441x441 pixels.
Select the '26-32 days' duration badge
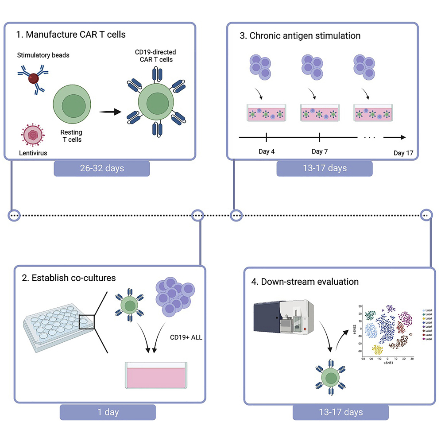102,168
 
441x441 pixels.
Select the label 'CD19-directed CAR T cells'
155,56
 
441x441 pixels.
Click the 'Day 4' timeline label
266,151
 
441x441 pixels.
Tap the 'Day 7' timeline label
320,151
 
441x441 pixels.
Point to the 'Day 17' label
403,153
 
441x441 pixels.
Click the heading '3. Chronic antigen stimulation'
300,35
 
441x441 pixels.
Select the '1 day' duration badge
108,412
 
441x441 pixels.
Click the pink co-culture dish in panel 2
155,375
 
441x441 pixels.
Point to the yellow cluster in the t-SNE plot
378,350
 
